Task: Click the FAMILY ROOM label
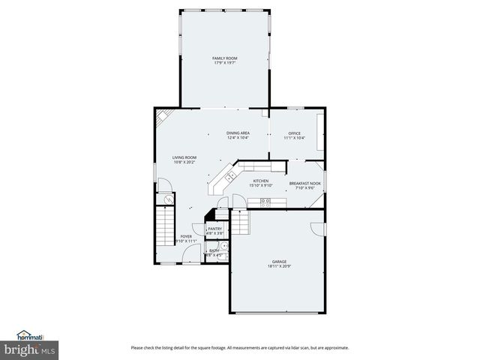click(224, 58)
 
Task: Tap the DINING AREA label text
click(238, 133)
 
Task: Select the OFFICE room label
click(294, 133)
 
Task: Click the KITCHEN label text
click(260, 181)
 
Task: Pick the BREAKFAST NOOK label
click(305, 183)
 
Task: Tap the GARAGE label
click(279, 262)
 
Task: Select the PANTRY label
click(214, 229)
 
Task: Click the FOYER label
click(186, 236)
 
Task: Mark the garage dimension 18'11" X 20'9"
click(279, 267)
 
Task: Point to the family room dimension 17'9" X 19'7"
click(224, 63)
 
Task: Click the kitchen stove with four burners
click(265, 201)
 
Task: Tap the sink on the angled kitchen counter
click(231, 175)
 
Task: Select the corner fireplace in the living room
click(163, 117)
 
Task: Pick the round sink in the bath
click(223, 245)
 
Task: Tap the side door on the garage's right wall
click(319, 227)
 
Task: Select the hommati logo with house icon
click(32, 335)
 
